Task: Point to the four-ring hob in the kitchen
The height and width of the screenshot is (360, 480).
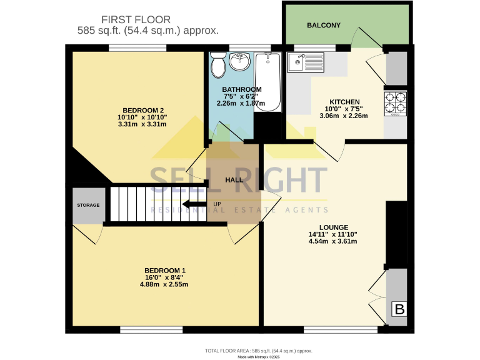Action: (x=396, y=103)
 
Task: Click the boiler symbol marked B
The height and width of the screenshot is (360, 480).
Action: (x=397, y=309)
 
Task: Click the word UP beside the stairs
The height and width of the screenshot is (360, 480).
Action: (x=217, y=204)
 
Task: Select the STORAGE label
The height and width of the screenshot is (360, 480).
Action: (x=88, y=205)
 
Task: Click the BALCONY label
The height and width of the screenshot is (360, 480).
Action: (x=324, y=26)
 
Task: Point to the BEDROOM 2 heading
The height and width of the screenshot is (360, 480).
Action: (x=142, y=109)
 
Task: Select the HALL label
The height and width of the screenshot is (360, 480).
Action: (x=234, y=180)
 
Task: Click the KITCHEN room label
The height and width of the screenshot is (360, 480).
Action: (x=344, y=102)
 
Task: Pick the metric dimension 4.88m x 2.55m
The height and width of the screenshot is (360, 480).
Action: (x=164, y=284)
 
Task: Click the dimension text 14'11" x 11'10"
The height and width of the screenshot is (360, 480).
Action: (x=332, y=234)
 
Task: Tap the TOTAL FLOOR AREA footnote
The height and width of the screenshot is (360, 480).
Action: (x=258, y=351)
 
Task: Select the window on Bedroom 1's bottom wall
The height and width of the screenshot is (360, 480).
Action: (x=151, y=329)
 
